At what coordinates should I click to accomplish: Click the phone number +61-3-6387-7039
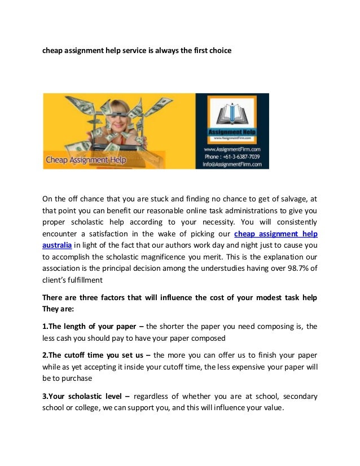point(232,156)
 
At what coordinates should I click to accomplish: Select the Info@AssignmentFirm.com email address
point(232,164)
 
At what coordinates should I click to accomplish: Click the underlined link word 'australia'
point(57,245)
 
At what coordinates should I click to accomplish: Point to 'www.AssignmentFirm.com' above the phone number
point(232,149)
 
